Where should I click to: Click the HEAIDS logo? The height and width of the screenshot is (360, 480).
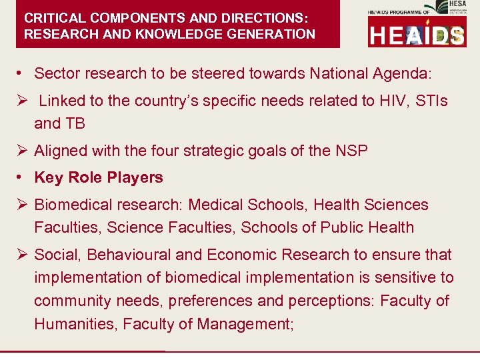click(x=417, y=34)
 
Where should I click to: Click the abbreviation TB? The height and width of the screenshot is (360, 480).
click(x=75, y=124)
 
